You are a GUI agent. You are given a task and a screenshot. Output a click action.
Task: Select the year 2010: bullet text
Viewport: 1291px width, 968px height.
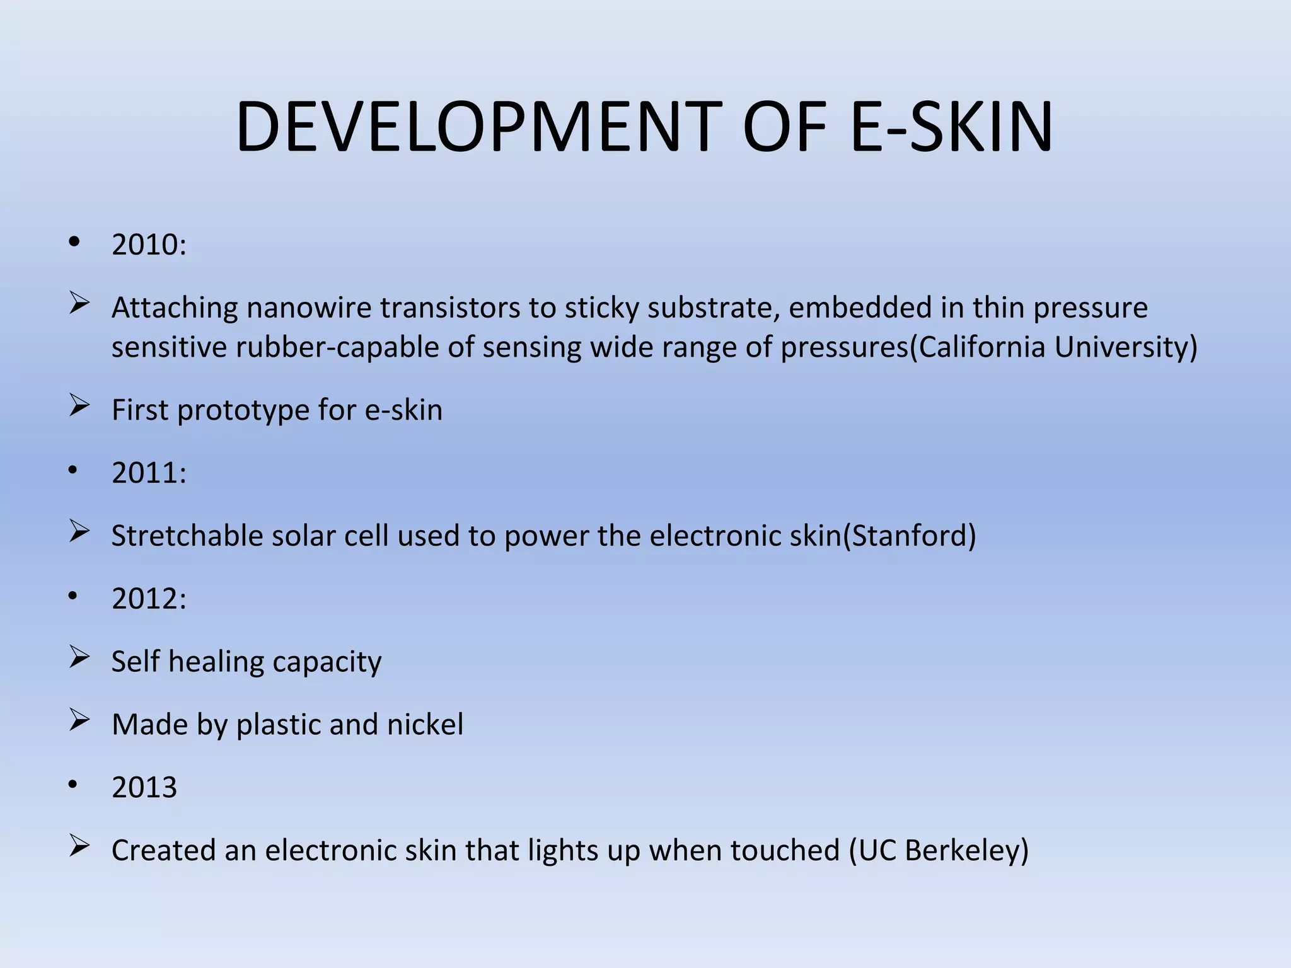click(149, 245)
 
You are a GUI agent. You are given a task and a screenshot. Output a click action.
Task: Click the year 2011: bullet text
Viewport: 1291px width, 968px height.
click(149, 473)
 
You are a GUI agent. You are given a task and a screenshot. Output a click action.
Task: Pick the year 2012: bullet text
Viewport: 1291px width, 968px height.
click(149, 598)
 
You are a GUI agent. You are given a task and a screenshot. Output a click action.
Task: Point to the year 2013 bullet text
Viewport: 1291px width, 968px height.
click(144, 787)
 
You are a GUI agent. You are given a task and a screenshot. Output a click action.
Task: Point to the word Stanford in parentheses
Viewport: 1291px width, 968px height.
click(909, 536)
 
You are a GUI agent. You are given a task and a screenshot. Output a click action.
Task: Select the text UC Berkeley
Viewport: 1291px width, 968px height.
click(939, 850)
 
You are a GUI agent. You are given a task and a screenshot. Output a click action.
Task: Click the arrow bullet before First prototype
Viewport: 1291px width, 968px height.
click(79, 406)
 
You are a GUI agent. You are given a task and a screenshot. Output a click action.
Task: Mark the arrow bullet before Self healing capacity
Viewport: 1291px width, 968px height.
click(79, 657)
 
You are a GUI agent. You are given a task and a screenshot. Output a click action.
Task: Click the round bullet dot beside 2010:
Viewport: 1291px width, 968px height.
click(74, 242)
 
